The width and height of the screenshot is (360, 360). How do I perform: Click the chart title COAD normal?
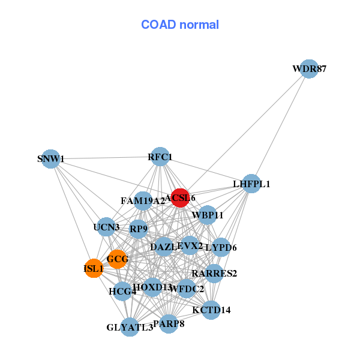[180, 25]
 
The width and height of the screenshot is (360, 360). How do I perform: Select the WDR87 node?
[308, 69]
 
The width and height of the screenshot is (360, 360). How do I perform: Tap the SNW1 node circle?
[51, 159]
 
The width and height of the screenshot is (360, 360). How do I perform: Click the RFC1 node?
[160, 157]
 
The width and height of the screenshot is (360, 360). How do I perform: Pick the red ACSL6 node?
[180, 197]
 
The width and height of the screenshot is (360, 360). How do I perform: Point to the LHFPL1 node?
[251, 184]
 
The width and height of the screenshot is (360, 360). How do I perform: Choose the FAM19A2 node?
[143, 200]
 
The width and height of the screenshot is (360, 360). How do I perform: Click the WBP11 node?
[207, 215]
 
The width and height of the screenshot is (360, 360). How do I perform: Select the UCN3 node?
[106, 227]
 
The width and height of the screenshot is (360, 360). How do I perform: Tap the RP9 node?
[139, 229]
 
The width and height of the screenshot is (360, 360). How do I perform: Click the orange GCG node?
[117, 259]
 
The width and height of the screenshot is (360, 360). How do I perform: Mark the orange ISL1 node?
[94, 269]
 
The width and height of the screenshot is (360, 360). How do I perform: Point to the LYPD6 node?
[221, 247]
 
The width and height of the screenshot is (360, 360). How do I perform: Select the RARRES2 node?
[214, 274]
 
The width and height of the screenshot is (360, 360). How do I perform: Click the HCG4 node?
[122, 292]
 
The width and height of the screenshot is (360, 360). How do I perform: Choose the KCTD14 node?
[211, 310]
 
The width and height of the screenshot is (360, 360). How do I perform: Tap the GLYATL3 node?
[130, 327]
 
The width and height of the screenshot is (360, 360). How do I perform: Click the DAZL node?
[163, 247]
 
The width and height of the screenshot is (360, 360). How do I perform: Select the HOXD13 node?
[152, 287]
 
